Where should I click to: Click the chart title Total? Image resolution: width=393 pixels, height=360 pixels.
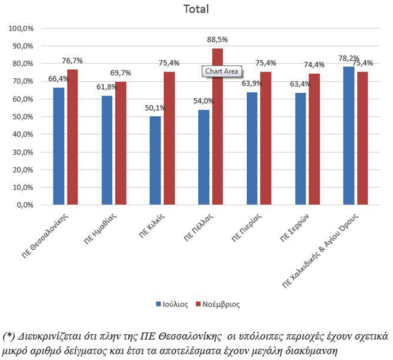coord(196,9)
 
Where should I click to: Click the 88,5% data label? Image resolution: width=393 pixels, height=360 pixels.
coord(217,40)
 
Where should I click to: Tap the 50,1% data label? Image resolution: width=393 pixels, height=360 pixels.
coord(155,108)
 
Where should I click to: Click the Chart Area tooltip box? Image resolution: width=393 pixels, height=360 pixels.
coord(222,71)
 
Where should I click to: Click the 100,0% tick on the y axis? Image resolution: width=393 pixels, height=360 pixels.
coord(22,28)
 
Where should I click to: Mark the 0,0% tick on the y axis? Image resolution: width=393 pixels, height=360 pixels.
coord(25,205)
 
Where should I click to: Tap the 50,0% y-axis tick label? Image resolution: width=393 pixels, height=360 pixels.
coord(23,117)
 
